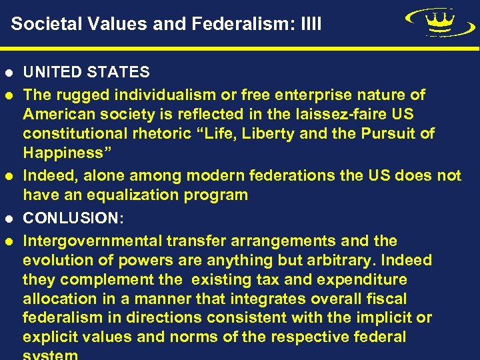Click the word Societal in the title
(41, 25)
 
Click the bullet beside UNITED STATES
(8, 72)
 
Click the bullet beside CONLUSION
(8, 218)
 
